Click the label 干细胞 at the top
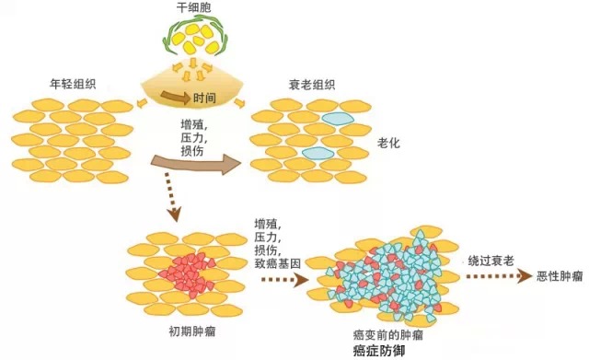(x=192, y=8)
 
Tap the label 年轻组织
(x=72, y=85)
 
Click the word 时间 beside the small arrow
(x=205, y=97)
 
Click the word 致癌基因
(x=274, y=264)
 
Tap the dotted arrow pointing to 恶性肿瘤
(x=498, y=276)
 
